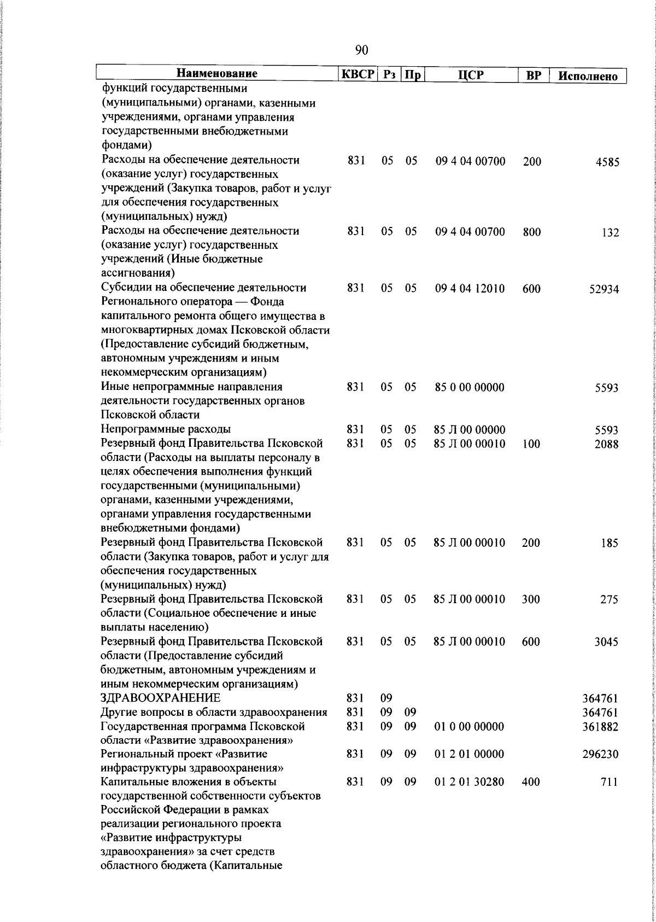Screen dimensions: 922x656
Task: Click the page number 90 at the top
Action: tap(361, 50)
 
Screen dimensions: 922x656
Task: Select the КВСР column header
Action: tap(358, 74)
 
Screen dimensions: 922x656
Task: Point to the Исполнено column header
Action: tap(588, 76)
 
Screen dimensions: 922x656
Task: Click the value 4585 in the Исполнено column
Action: tap(607, 162)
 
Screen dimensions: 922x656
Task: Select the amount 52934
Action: tap(604, 290)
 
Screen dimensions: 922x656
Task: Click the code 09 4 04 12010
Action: tap(470, 288)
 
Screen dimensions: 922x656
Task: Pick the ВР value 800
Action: tap(531, 232)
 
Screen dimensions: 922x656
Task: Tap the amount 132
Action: tap(610, 233)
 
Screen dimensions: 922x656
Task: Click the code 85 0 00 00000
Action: tap(470, 387)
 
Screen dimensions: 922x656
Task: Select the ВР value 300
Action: tap(531, 599)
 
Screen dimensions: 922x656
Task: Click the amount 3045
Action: tap(607, 642)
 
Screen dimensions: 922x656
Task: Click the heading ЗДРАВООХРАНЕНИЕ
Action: tap(161, 698)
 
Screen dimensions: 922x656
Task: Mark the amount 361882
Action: tap(601, 727)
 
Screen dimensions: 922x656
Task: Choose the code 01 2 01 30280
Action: tap(470, 782)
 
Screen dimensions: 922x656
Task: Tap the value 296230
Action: tap(601, 755)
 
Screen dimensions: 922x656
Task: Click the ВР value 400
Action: tap(531, 782)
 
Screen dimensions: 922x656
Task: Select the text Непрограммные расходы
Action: tap(166, 429)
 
